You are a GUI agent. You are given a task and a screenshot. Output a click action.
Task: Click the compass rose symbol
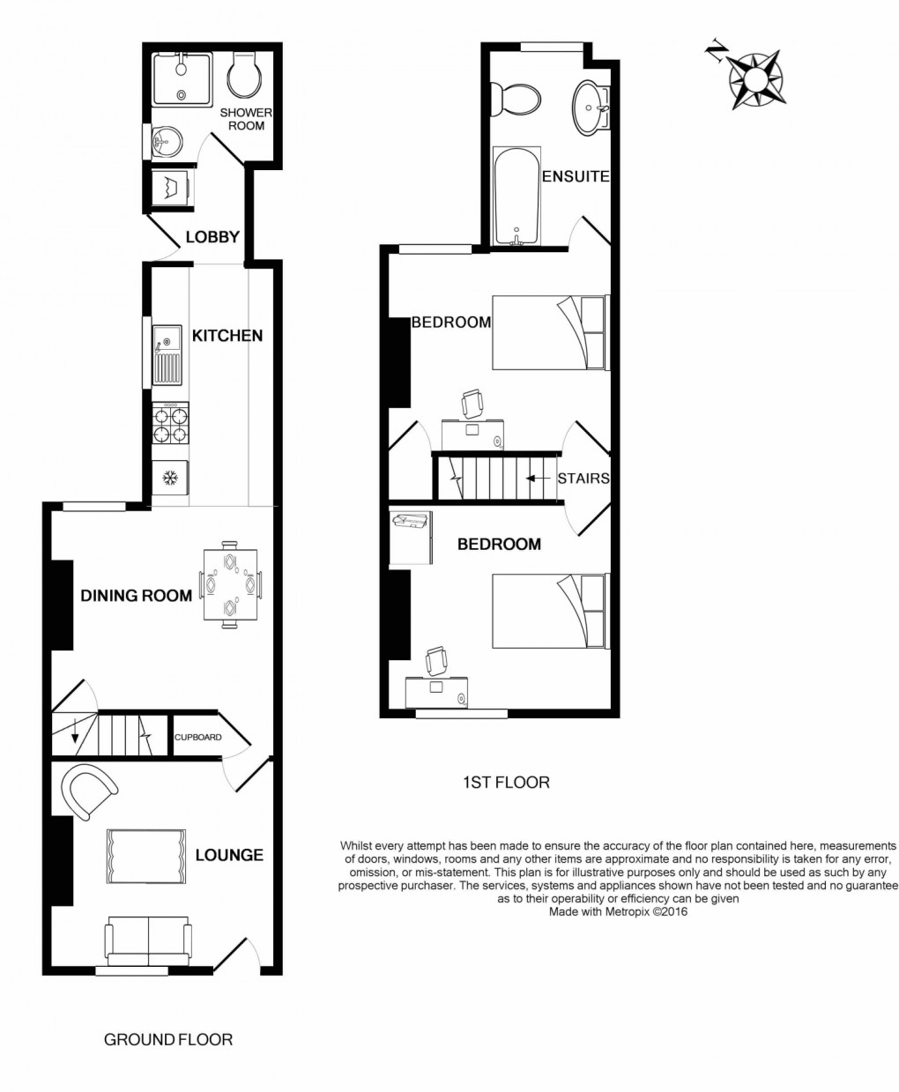pos(755,79)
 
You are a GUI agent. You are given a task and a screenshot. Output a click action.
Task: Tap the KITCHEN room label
pos(227,336)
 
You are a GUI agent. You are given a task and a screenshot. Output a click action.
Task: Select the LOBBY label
pos(212,237)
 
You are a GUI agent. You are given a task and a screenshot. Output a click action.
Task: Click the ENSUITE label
pos(576,176)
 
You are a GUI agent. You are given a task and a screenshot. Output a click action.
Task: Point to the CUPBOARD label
pos(197,738)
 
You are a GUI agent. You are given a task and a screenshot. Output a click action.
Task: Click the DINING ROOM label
pos(137,596)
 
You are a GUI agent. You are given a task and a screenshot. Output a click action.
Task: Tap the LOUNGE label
pos(229,855)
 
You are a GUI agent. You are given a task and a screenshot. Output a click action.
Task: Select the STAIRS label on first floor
pos(583,479)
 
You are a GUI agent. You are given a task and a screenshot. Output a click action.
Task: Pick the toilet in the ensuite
pos(516,99)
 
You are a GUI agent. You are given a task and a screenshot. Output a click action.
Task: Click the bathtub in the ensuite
pos(516,197)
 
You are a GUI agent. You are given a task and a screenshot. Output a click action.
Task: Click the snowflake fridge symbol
pos(170,479)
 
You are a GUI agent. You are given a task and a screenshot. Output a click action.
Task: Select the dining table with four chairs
pos(230,584)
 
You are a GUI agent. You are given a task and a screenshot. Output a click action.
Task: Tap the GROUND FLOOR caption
pos(168,1039)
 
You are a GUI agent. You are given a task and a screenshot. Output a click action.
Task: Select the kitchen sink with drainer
pos(167,356)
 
